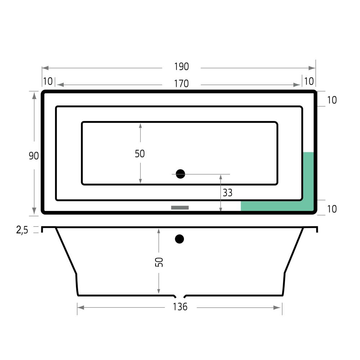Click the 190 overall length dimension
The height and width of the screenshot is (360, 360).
point(181,67)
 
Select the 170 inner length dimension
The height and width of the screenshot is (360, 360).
point(181,84)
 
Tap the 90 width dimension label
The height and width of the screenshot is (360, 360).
point(34,156)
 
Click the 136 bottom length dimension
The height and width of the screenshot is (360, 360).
point(180,307)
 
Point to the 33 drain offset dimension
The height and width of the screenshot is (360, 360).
point(228,193)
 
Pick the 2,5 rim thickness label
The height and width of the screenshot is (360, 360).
point(22,230)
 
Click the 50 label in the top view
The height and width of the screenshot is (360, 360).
point(140,154)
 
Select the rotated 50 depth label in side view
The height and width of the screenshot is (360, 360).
point(159,262)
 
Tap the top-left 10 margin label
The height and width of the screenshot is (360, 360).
point(48,81)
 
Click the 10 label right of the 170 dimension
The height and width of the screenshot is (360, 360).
point(309,81)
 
